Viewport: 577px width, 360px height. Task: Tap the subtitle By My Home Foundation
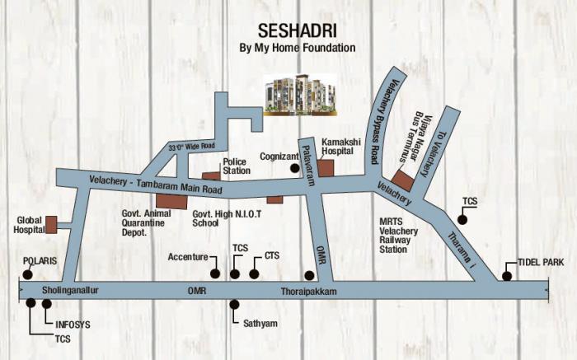point(297,48)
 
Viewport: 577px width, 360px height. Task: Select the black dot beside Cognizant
point(294,167)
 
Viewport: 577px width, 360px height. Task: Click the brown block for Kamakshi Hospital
point(326,168)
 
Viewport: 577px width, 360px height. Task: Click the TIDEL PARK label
point(540,261)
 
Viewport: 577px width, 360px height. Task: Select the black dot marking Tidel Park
point(505,276)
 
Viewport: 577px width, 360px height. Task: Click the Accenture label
point(187,257)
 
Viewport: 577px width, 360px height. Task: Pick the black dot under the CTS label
point(254,274)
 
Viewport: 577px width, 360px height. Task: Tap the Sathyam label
point(260,324)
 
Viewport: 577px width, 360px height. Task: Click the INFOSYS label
point(72,325)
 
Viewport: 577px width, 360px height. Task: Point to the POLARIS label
point(39,260)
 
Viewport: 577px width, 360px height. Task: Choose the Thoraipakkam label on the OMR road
point(303,292)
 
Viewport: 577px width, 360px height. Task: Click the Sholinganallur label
point(69,291)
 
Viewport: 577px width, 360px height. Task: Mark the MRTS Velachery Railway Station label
point(398,236)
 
